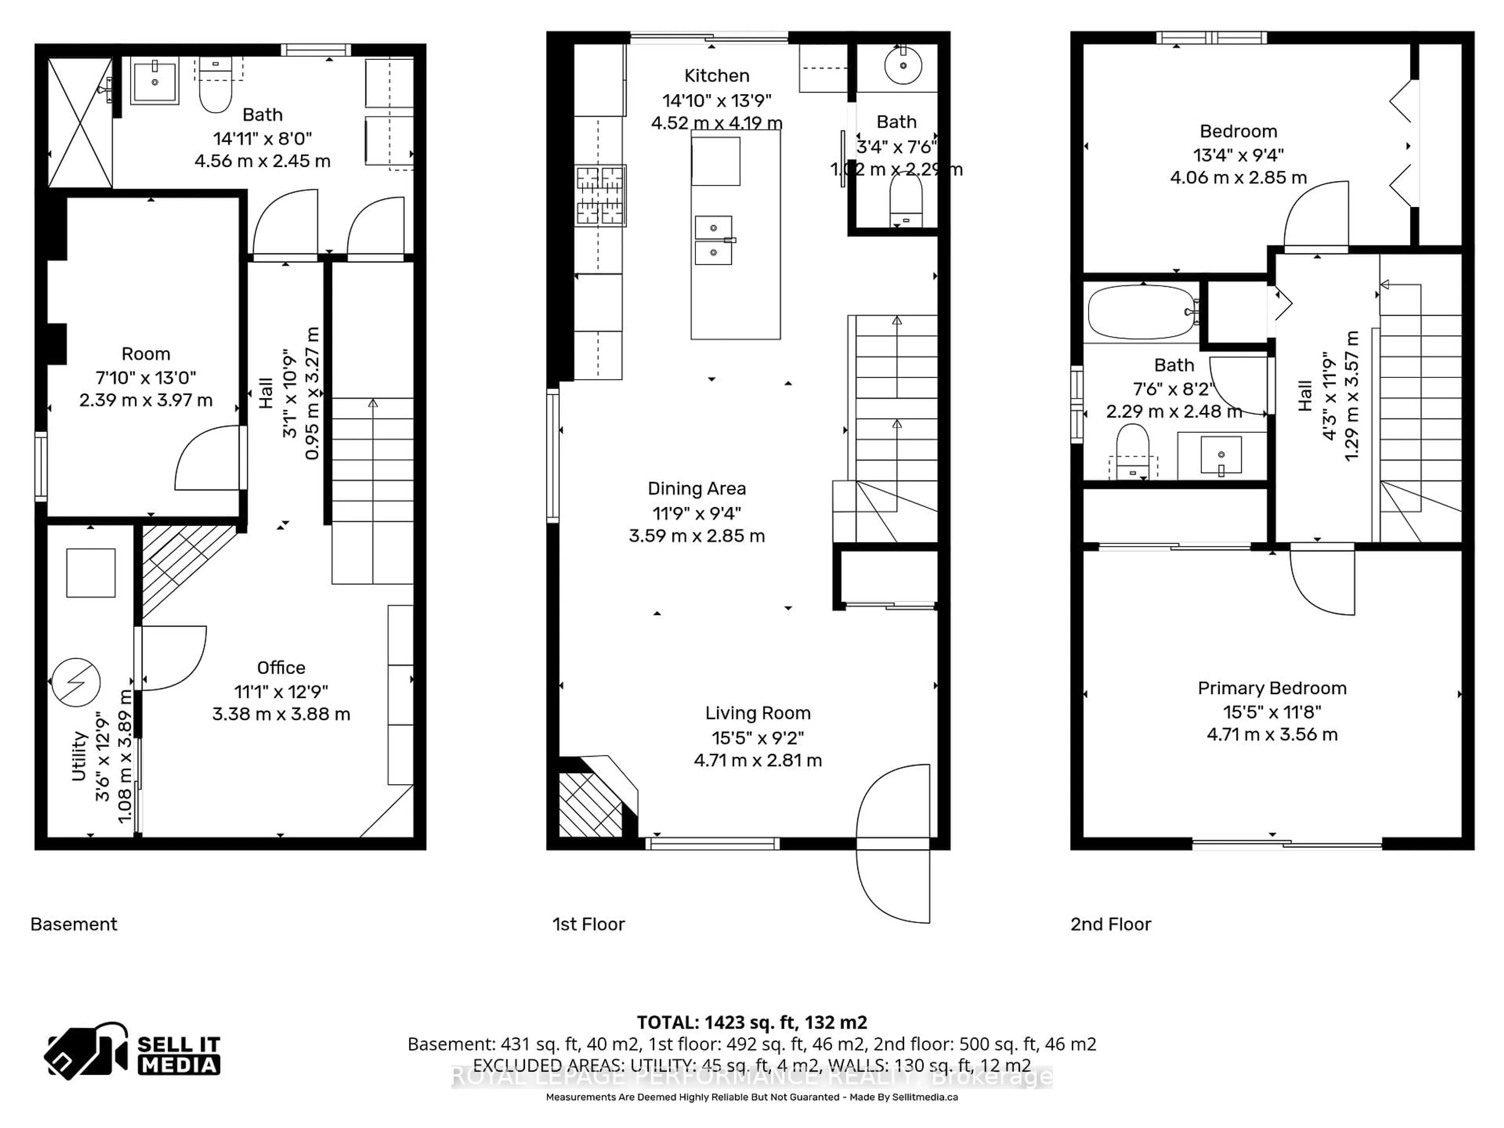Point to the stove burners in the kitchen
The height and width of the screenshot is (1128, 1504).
tap(600, 196)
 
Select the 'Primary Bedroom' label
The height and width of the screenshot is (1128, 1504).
tap(1271, 688)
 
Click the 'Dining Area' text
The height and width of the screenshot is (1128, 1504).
tap(696, 488)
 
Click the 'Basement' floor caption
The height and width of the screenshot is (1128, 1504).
tap(73, 924)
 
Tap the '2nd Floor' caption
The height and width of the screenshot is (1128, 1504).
tap(1110, 924)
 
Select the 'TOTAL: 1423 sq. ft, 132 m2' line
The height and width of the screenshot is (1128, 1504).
tap(751, 1022)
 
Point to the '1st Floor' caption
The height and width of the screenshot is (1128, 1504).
tap(588, 924)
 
